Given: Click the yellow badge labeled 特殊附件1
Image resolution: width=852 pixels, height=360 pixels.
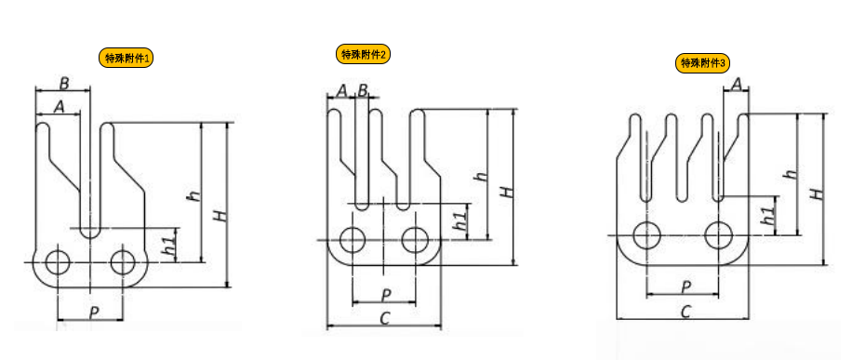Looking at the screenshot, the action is pyautogui.click(x=126, y=59).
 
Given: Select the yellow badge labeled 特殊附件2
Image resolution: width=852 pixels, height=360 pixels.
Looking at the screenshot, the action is pyautogui.click(x=363, y=54).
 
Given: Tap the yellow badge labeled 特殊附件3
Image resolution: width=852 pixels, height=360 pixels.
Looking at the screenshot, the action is pyautogui.click(x=702, y=63).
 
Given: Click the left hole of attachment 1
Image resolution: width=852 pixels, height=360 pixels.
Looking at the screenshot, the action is pyautogui.click(x=58, y=263).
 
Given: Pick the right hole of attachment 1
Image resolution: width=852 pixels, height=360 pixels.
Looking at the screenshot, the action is pyautogui.click(x=122, y=263).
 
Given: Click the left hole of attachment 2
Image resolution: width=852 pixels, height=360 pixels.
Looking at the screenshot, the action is pyautogui.click(x=353, y=239).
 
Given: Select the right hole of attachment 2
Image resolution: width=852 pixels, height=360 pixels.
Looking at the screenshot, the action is pyautogui.click(x=416, y=239).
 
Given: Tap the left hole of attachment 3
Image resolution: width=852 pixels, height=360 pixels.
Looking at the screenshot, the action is pyautogui.click(x=647, y=235).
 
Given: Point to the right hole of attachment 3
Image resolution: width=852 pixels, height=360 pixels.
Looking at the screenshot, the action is pyautogui.click(x=719, y=235).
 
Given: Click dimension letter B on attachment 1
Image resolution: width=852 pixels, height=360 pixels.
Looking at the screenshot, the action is pyautogui.click(x=64, y=84).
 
